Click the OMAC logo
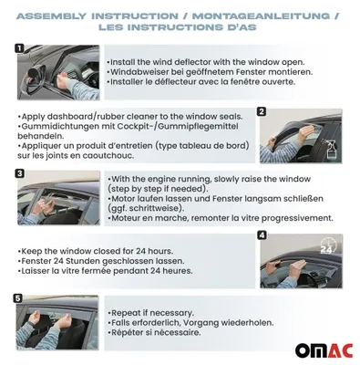tap(324, 350)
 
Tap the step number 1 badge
tap(19, 48)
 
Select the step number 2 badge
tap(262, 111)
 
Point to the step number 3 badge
tap(19, 173)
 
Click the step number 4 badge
tap(262, 235)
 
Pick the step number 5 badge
tap(18, 298)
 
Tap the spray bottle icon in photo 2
tap(331, 149)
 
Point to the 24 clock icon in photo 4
tap(328, 246)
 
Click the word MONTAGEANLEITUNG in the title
tap(261, 16)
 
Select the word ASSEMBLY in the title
tap(52, 16)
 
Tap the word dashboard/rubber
tap(86, 117)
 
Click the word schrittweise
tap(152, 208)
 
